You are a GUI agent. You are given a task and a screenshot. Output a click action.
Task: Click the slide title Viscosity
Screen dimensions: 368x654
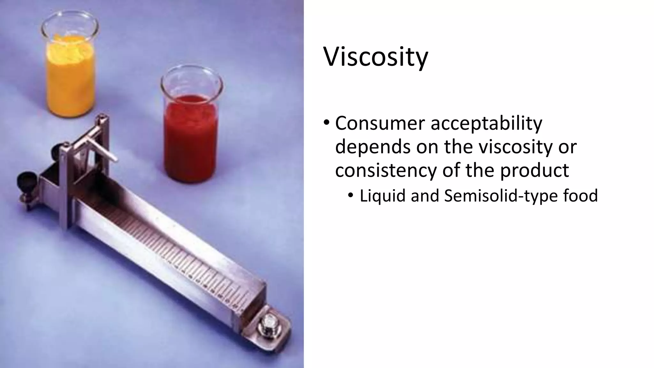click(x=376, y=57)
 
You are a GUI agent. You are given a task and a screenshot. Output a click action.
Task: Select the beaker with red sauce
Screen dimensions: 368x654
click(x=191, y=134)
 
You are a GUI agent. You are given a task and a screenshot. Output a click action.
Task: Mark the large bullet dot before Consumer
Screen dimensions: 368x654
click(x=326, y=123)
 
